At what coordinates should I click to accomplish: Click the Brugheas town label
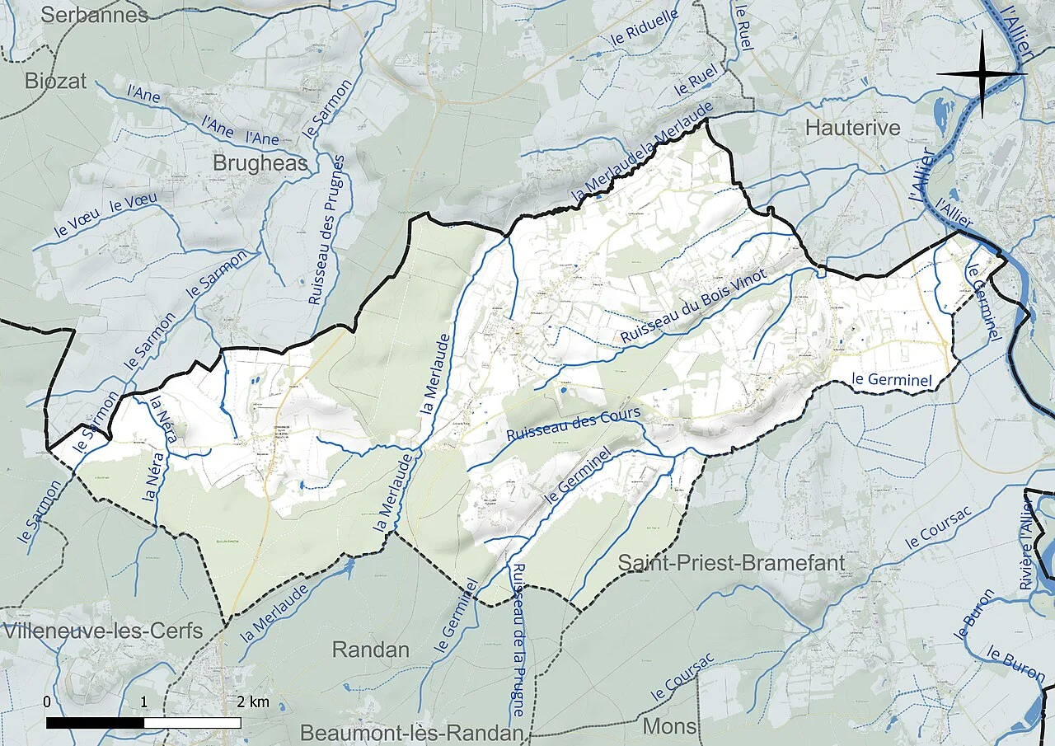click(x=260, y=163)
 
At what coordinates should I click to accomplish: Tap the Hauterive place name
click(x=853, y=128)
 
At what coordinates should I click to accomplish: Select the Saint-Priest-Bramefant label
click(x=743, y=563)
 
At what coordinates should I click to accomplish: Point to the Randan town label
click(x=370, y=650)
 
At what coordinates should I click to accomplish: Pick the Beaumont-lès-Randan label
click(x=412, y=733)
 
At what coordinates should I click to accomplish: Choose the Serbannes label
click(x=93, y=15)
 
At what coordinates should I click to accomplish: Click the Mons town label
click(x=669, y=727)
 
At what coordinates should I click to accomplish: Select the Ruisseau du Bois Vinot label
click(x=694, y=306)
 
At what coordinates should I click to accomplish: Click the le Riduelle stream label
click(x=652, y=30)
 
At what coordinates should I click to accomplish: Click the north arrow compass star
click(x=981, y=73)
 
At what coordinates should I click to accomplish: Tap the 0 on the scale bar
click(x=47, y=701)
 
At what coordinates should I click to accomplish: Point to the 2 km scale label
click(x=253, y=701)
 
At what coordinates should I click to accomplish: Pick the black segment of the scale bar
click(x=96, y=723)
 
